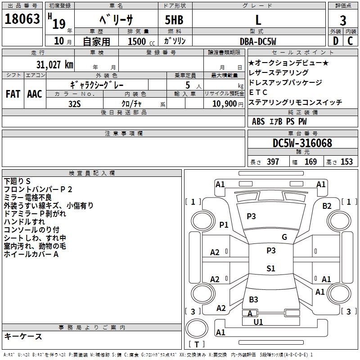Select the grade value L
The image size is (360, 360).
[x=258, y=20]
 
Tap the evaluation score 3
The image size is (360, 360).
[x=343, y=21]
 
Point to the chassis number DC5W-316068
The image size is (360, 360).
[x=302, y=144]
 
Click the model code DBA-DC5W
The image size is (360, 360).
[x=258, y=41]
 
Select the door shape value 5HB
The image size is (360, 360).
[x=171, y=20]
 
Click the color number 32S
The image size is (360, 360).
[x=75, y=103]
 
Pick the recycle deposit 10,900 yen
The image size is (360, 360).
[x=224, y=103]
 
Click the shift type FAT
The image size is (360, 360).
[x=13, y=94]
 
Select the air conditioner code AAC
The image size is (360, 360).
[x=35, y=94]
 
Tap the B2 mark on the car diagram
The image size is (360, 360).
[x=327, y=206]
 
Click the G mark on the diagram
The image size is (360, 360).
[x=284, y=237]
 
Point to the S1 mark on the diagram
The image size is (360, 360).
[x=270, y=269]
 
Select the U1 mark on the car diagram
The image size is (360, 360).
[x=258, y=322]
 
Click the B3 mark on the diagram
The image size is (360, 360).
[x=253, y=300]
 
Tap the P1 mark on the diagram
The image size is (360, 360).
[x=224, y=225]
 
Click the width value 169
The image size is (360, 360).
[x=310, y=162]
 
